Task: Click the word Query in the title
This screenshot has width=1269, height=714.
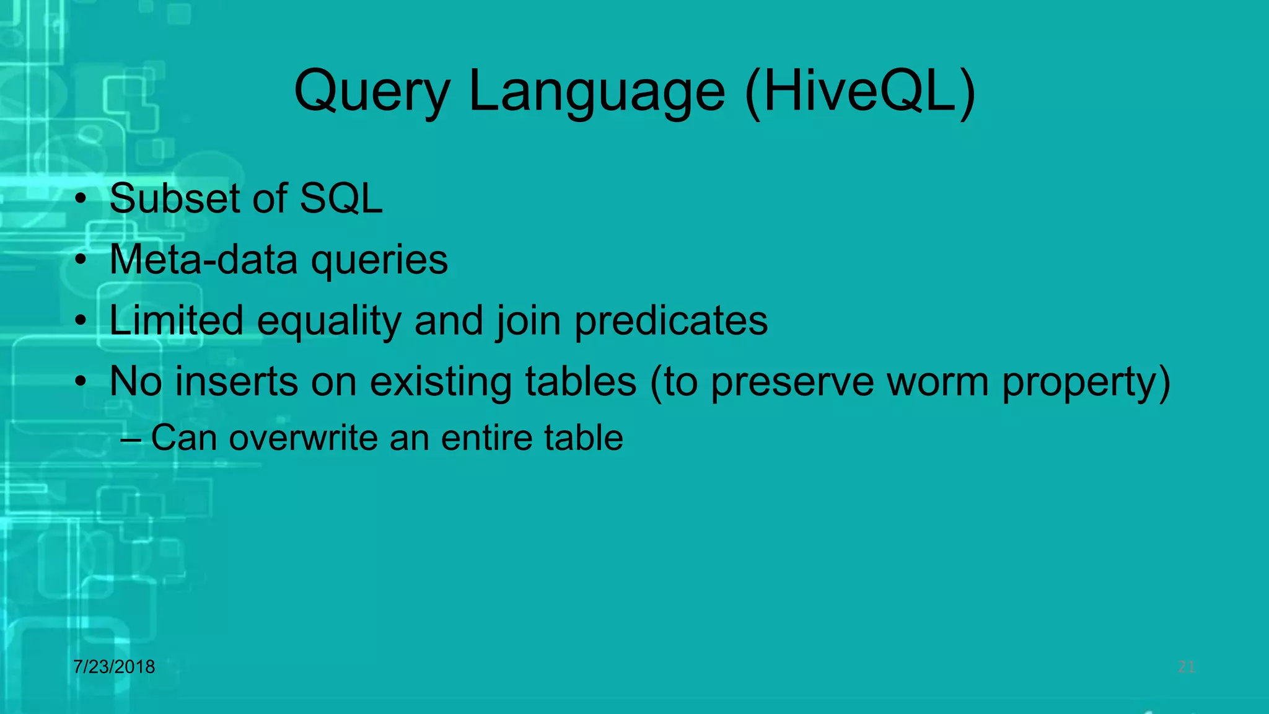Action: click(x=372, y=93)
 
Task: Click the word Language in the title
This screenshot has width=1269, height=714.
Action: click(x=597, y=93)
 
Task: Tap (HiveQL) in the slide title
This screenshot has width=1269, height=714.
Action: click(x=860, y=93)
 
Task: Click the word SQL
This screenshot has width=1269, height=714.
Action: click(x=341, y=199)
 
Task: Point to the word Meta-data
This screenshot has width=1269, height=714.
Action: click(x=203, y=259)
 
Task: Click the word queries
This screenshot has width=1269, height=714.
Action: click(x=379, y=260)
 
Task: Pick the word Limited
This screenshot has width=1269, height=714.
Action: click(x=176, y=320)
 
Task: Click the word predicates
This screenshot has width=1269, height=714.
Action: click(x=671, y=322)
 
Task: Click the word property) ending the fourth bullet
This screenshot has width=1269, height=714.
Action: click(x=1086, y=382)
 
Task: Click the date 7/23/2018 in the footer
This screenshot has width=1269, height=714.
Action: click(x=114, y=667)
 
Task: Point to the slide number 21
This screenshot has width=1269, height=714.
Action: click(x=1186, y=667)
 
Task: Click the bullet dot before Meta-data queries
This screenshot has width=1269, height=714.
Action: click(x=81, y=260)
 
